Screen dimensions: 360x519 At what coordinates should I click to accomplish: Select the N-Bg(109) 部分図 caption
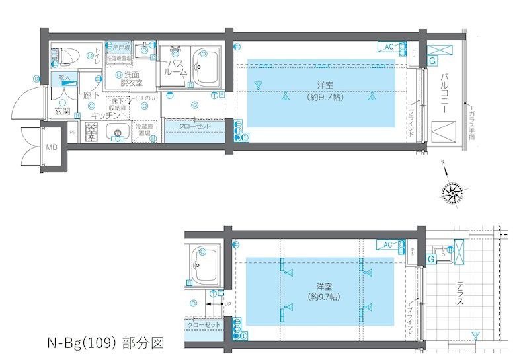(105, 343)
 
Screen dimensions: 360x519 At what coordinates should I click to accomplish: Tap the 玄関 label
(62, 110)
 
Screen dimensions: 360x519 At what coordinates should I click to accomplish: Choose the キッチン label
(104, 114)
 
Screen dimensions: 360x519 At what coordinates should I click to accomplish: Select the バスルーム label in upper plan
(175, 68)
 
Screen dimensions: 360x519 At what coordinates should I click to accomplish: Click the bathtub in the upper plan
(207, 67)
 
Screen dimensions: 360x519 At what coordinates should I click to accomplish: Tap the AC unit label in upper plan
(389, 46)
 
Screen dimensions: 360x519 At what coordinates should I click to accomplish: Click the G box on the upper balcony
(432, 61)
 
